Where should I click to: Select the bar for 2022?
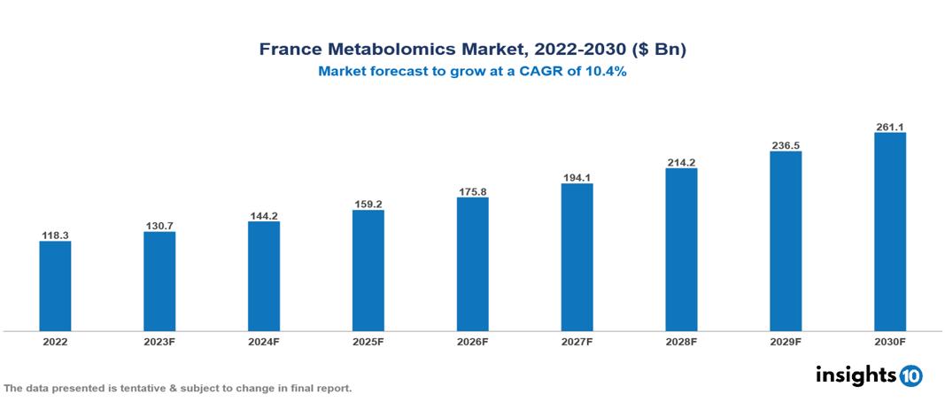(55, 286)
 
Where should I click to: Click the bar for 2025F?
(368, 270)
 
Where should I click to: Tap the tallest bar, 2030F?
(889, 232)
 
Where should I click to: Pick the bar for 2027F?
(577, 257)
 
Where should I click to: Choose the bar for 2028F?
(681, 250)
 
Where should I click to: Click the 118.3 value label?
(55, 236)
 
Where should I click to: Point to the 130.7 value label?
(159, 227)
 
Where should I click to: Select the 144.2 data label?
(264, 216)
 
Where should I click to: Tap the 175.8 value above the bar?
(472, 191)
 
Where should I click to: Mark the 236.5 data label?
(786, 145)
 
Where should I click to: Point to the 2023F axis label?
(159, 341)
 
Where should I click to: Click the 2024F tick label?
(264, 341)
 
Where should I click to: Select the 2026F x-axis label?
(472, 341)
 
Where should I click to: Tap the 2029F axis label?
(786, 341)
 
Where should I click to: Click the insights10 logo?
(869, 375)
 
